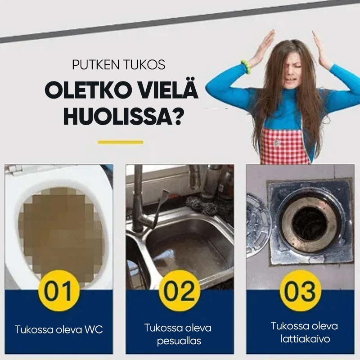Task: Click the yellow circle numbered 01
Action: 59,290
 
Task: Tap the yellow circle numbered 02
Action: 180,290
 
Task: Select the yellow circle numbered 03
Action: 300,290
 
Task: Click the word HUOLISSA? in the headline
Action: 123,116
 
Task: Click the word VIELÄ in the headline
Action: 163,91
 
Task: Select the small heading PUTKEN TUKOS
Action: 118,65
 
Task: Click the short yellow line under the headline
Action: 120,142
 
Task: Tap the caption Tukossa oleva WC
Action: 59,329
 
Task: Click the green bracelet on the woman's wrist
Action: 246,67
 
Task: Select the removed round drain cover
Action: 257,225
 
